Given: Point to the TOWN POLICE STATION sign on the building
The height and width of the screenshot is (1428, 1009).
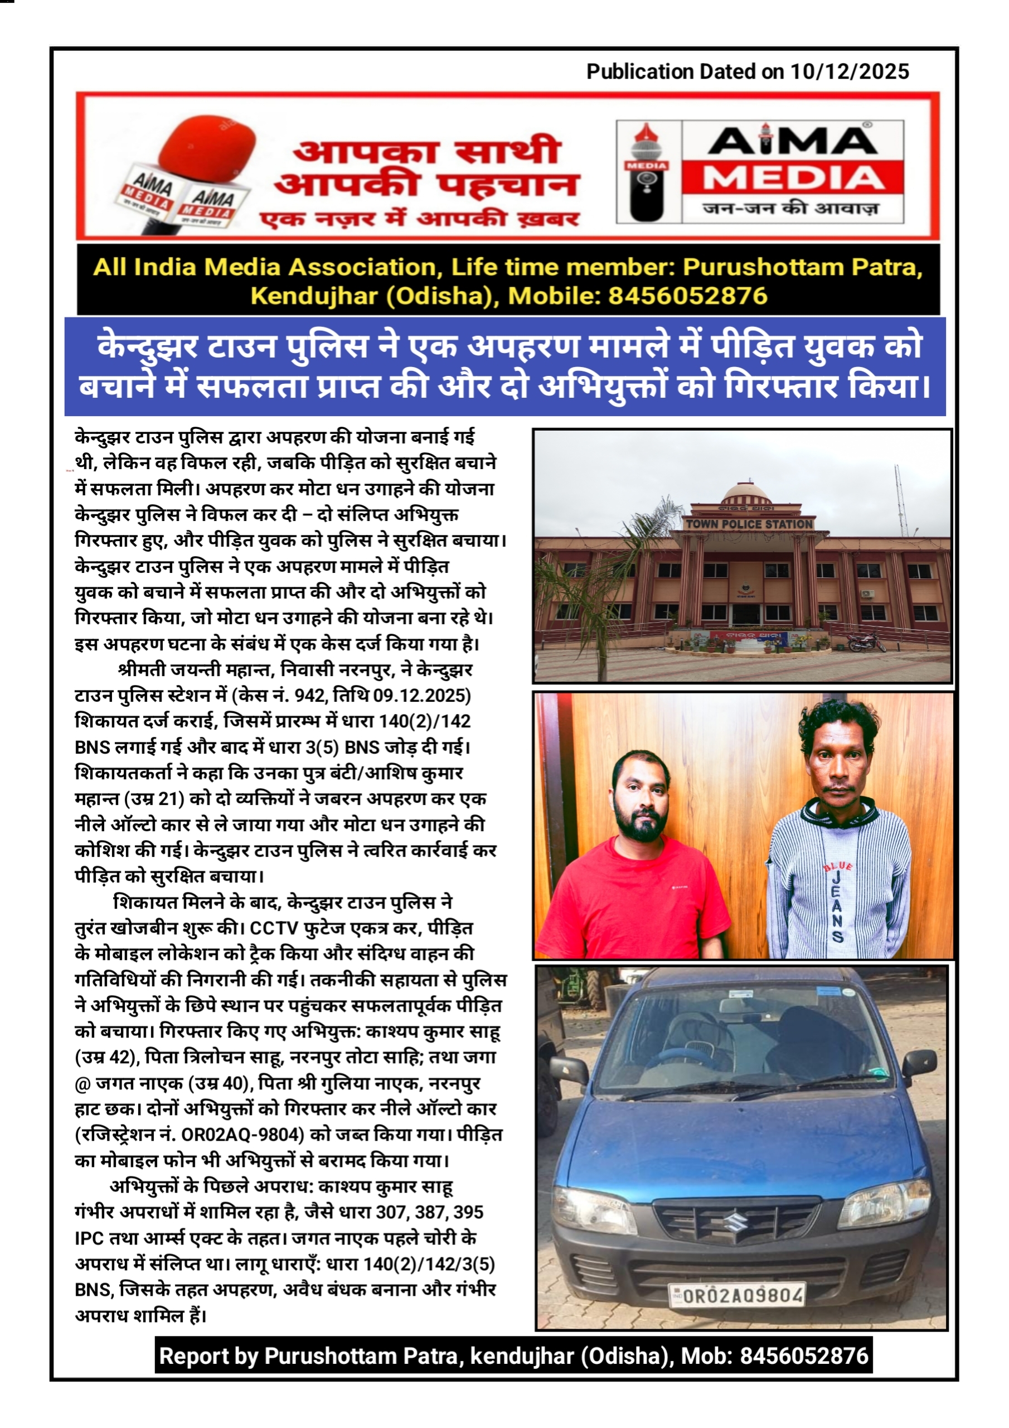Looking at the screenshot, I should point(749,524).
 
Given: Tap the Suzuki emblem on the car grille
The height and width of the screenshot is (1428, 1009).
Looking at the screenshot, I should point(738,1222).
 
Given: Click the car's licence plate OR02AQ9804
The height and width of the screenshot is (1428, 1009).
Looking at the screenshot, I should point(738,1296).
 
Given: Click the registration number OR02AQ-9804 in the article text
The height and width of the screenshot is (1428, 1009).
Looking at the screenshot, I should point(242,1135).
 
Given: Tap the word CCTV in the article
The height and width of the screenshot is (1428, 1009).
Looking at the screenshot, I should point(274,928).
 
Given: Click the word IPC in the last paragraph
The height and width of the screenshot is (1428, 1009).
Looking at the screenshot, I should point(89,1238).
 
